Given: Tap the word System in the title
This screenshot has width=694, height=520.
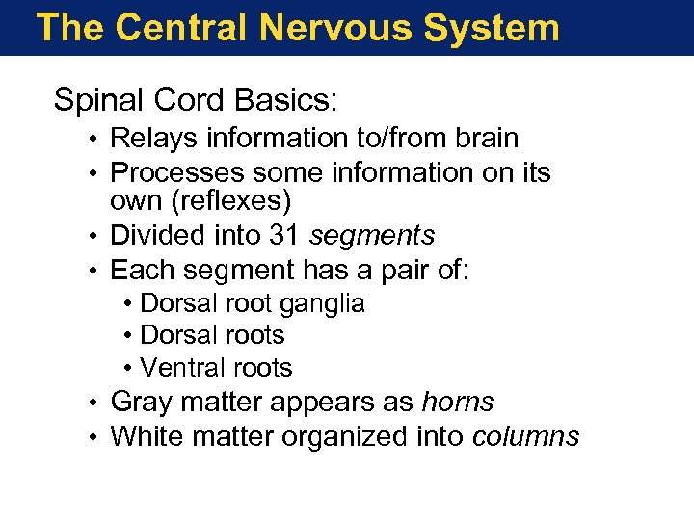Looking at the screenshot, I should [x=492, y=27].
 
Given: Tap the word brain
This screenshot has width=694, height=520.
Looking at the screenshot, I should [x=485, y=139].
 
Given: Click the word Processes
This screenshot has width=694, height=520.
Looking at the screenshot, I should [x=176, y=172].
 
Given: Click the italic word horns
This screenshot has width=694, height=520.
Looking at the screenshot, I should [x=458, y=403].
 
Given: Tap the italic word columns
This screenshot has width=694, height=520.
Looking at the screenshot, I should [x=526, y=436].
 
